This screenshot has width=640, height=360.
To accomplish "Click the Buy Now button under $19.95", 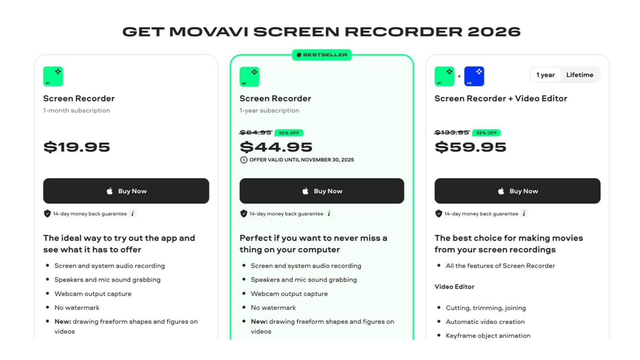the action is pyautogui.click(x=126, y=191).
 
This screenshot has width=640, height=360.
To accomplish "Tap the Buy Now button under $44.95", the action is pyautogui.click(x=322, y=191).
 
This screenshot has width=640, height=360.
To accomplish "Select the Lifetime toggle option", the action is pyautogui.click(x=580, y=75).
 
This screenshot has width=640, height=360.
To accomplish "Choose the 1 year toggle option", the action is pyautogui.click(x=545, y=75).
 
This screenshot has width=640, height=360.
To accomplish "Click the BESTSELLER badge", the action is pyautogui.click(x=322, y=55).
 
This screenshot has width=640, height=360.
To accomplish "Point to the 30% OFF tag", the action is pyautogui.click(x=289, y=133).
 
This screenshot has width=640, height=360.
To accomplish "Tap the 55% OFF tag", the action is pyautogui.click(x=486, y=133).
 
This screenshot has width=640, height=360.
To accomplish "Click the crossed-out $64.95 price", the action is pyautogui.click(x=256, y=132).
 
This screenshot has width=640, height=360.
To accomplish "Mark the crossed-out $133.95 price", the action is pyautogui.click(x=452, y=132).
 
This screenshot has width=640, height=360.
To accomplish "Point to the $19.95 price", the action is pyautogui.click(x=76, y=147).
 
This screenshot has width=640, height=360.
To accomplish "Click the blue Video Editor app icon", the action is pyautogui.click(x=474, y=76).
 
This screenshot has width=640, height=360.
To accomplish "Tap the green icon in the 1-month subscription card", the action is pyautogui.click(x=53, y=76).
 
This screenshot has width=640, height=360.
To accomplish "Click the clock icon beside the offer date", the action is pyautogui.click(x=244, y=160).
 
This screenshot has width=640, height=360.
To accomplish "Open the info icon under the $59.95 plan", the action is pyautogui.click(x=524, y=214).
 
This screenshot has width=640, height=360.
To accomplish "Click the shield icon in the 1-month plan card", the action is pyautogui.click(x=47, y=214).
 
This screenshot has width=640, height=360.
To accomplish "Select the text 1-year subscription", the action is pyautogui.click(x=269, y=110).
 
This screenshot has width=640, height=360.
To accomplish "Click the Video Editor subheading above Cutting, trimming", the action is pyautogui.click(x=454, y=287).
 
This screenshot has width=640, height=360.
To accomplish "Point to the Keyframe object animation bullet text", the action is pyautogui.click(x=488, y=336).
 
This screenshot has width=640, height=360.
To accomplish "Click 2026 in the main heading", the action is pyautogui.click(x=494, y=32).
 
